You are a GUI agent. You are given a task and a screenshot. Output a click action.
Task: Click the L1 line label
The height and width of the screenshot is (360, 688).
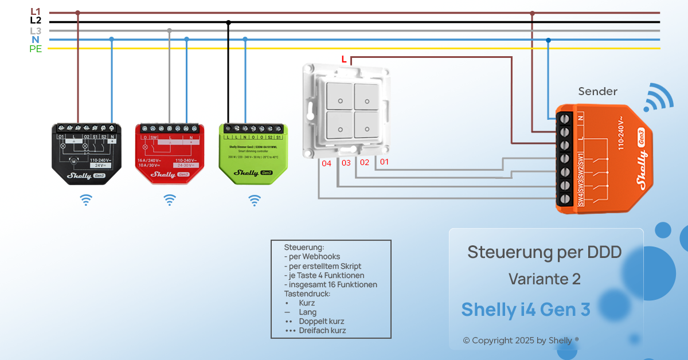click(x=36, y=11)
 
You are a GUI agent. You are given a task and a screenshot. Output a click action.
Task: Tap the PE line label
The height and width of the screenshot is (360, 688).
click(x=36, y=49)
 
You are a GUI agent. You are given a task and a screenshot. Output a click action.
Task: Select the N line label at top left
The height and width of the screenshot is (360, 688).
click(x=36, y=40)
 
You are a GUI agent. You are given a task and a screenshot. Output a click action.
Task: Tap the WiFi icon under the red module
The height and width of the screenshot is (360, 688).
click(x=170, y=200)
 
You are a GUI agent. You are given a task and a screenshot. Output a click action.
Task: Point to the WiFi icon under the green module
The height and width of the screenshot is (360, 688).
click(x=254, y=200)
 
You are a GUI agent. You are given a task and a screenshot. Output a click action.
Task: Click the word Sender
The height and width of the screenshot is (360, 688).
click(x=597, y=92)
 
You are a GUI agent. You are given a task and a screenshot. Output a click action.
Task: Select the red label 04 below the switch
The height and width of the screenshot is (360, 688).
click(x=327, y=163)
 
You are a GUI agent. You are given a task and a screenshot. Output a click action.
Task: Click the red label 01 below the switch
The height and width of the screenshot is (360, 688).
click(x=384, y=162)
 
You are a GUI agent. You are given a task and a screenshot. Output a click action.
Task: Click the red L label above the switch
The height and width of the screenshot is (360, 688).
click(x=344, y=59)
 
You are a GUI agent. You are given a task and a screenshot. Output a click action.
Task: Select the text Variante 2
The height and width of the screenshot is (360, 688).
click(x=545, y=279)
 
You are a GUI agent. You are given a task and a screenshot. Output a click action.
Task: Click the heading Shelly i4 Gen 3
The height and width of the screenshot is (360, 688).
click(x=526, y=310)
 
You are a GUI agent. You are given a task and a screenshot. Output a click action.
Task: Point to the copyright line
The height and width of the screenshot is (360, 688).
click(x=521, y=341)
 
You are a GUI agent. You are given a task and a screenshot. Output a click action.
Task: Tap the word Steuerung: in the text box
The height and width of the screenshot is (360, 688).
click(x=304, y=247)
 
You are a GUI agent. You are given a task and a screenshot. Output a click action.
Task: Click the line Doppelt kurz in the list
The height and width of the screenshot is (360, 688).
click(x=321, y=322)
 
